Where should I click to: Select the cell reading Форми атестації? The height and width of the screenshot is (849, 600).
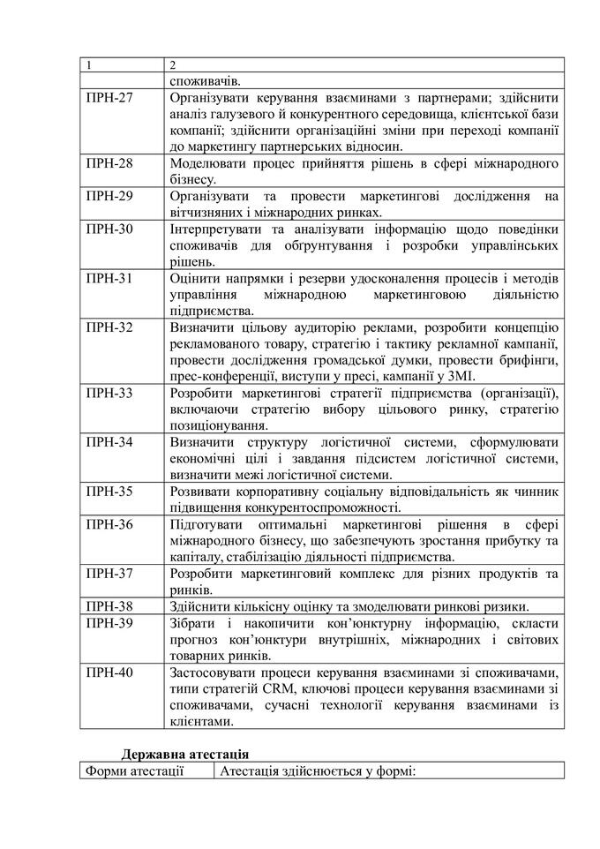click(x=134, y=771)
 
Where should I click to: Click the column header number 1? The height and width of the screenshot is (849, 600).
click(x=88, y=64)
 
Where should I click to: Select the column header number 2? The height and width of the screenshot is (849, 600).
click(x=173, y=64)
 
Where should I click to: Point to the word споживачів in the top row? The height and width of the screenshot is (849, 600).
click(x=201, y=80)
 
